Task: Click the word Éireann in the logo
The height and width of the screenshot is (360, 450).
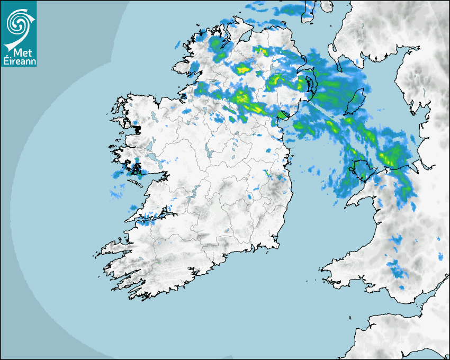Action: pos(19,61)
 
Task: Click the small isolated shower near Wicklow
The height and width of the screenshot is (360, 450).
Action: pos(267,174)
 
